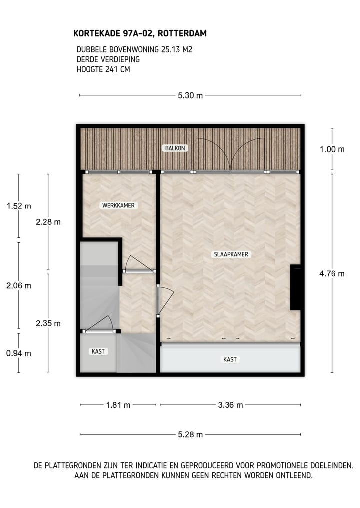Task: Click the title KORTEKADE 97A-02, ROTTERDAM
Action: (x=140, y=34)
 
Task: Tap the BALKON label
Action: (x=175, y=148)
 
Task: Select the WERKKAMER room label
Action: (x=118, y=205)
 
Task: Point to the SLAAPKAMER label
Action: (x=231, y=254)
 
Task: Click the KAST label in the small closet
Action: (x=98, y=351)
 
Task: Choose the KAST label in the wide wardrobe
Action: (x=230, y=359)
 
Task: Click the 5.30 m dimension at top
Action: (x=190, y=96)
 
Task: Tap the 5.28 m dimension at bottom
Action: (x=190, y=435)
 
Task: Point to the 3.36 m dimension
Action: (x=230, y=405)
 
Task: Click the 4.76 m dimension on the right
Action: (x=332, y=273)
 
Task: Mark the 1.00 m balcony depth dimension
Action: (x=332, y=149)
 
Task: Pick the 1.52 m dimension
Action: (x=19, y=206)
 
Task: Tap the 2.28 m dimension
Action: (x=48, y=222)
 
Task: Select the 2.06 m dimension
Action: (x=19, y=286)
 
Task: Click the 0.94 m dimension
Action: (x=19, y=353)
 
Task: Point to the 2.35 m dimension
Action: (x=48, y=323)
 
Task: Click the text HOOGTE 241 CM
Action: (x=103, y=70)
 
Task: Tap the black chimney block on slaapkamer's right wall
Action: (x=295, y=287)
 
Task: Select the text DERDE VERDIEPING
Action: (x=108, y=59)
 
